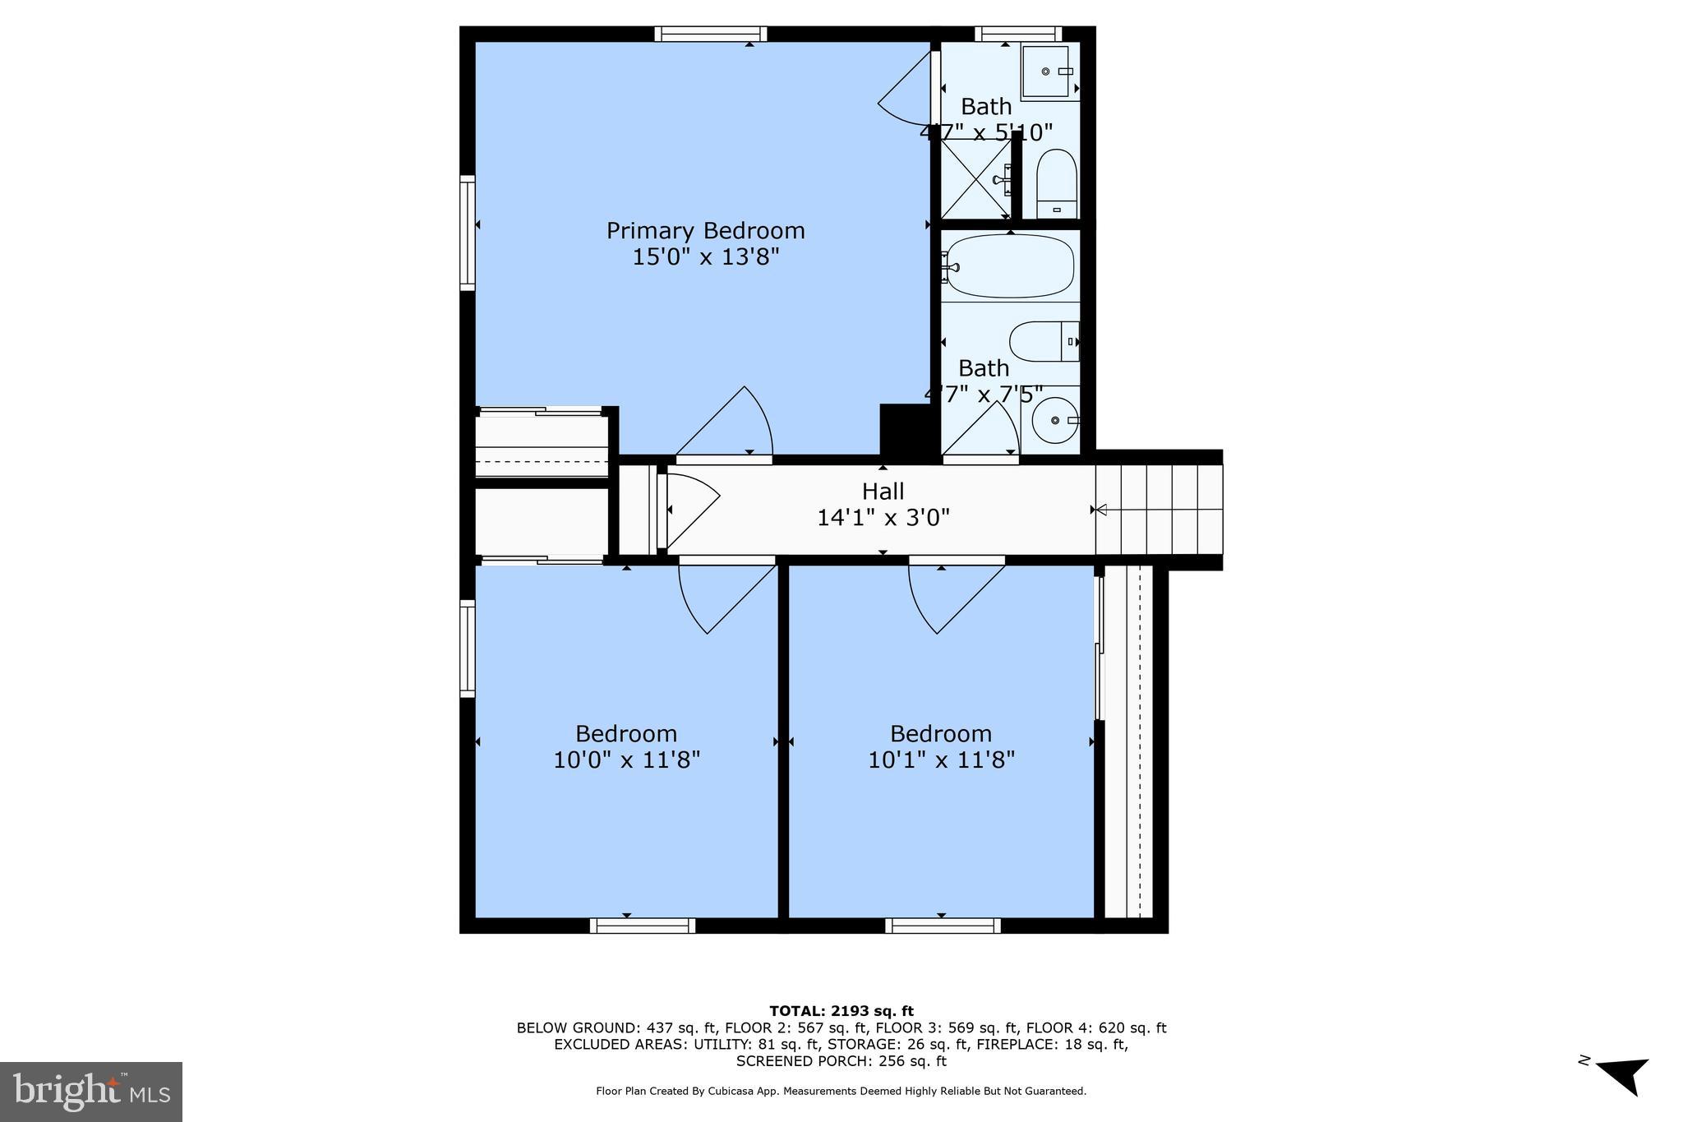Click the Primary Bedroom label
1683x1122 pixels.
[705, 231]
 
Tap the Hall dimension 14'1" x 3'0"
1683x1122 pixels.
[883, 518]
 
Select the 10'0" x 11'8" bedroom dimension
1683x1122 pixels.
[626, 760]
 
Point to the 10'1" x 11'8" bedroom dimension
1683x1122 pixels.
[941, 760]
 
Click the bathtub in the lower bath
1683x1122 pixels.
[1009, 266]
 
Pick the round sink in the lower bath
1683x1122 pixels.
[1055, 420]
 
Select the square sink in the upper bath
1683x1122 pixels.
[1047, 72]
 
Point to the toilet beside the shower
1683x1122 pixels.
[1056, 182]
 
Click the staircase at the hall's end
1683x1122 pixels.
[1159, 510]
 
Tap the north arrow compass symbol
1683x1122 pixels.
[1623, 1074]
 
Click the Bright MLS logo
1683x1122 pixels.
[91, 1092]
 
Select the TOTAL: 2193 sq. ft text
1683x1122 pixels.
[841, 1011]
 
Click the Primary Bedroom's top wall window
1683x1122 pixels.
[711, 34]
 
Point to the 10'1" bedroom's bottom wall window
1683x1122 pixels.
[943, 926]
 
